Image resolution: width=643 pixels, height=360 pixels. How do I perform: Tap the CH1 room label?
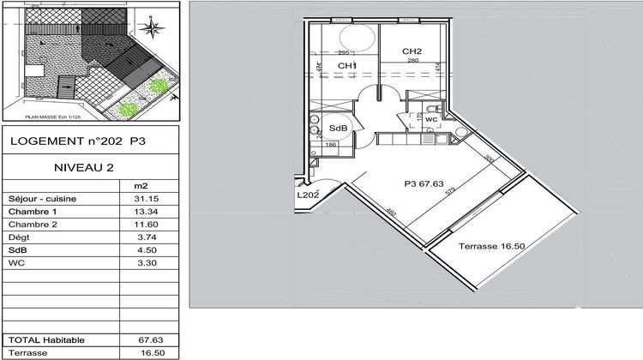tap(346, 66)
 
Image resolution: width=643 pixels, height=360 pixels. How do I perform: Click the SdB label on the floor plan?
tap(338, 129)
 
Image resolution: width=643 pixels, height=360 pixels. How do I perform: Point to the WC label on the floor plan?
tap(431, 119)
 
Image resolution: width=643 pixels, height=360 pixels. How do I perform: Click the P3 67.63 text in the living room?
tap(424, 182)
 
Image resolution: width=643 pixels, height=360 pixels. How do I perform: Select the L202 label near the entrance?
tap(308, 195)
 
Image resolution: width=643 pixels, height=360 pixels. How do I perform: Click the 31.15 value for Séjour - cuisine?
tap(137, 198)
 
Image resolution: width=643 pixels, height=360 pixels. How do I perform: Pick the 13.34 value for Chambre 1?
tap(137, 211)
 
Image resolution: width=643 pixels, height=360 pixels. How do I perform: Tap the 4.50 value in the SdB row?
tap(137, 250)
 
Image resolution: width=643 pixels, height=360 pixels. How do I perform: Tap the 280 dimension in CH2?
tap(412, 61)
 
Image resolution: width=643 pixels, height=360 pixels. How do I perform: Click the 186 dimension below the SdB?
tap(330, 146)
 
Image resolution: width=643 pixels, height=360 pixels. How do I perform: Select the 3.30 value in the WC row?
tap(137, 263)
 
